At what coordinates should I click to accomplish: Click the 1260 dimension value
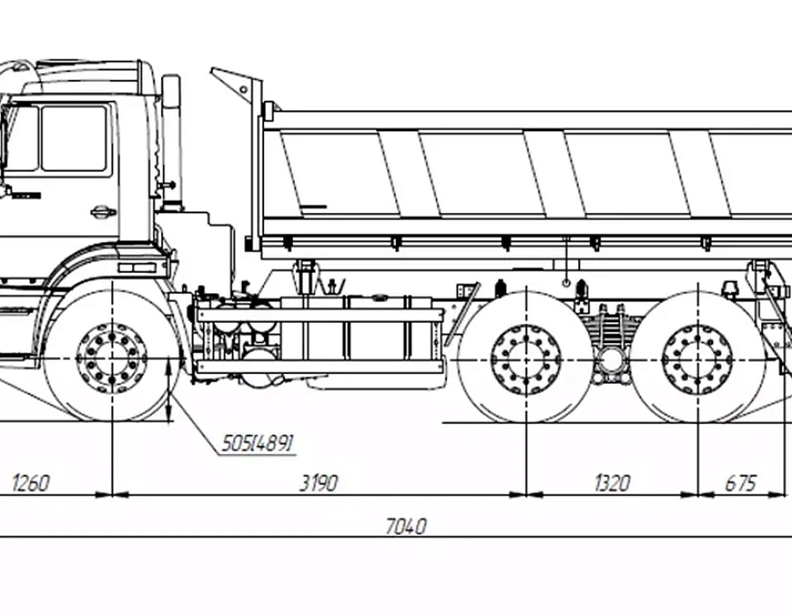(x=31, y=483)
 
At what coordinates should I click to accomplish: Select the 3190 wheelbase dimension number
(x=319, y=483)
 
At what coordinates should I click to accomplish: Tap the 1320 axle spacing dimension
(x=612, y=483)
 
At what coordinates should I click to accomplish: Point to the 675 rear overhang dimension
(x=741, y=483)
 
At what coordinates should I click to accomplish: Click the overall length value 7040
(x=406, y=526)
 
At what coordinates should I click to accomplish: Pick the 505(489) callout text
(x=258, y=444)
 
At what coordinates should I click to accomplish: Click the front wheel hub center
(x=112, y=358)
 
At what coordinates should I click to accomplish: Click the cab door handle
(x=103, y=211)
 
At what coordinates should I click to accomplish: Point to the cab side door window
(x=74, y=138)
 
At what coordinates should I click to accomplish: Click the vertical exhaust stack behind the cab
(x=172, y=142)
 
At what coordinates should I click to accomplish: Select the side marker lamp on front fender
(x=137, y=268)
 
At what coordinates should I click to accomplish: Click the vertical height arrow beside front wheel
(x=170, y=389)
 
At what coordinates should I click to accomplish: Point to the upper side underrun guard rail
(x=320, y=316)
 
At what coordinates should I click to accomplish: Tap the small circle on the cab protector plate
(x=243, y=90)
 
